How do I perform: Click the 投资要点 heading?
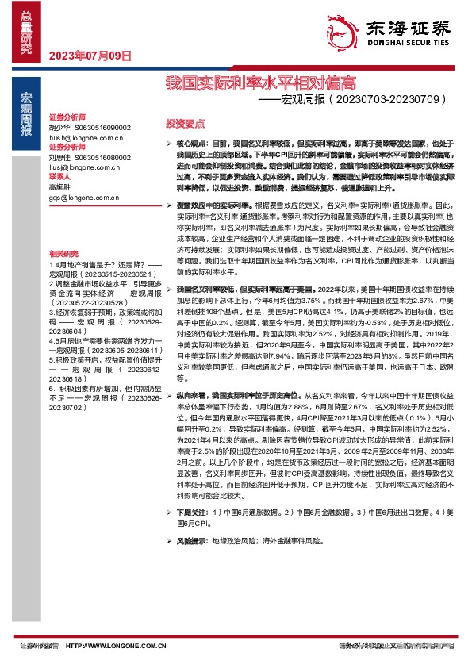(x=185, y=124)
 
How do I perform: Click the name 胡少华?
(x=59, y=127)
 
